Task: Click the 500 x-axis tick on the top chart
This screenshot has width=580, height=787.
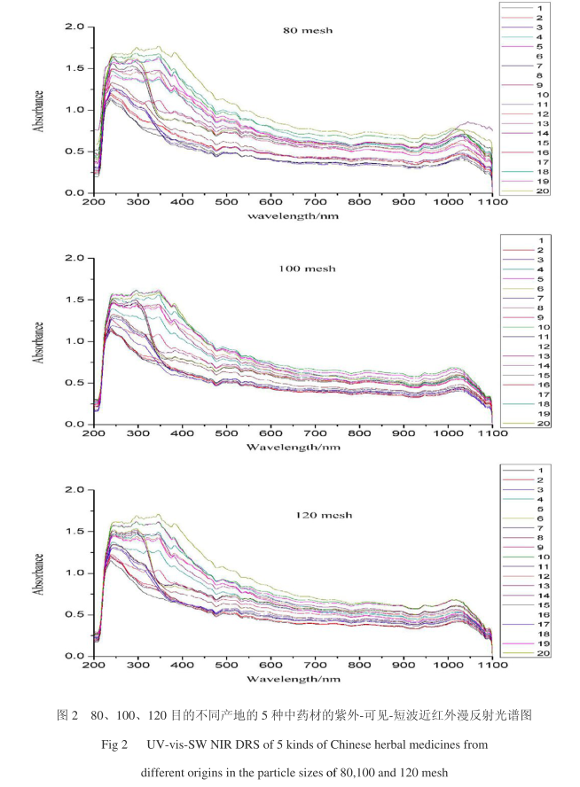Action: pos(226,203)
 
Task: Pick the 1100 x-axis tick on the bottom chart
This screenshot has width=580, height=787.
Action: pos(492,666)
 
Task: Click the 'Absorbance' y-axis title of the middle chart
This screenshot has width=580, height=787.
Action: pos(38,342)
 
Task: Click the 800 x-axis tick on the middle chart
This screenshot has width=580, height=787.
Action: pos(359,434)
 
